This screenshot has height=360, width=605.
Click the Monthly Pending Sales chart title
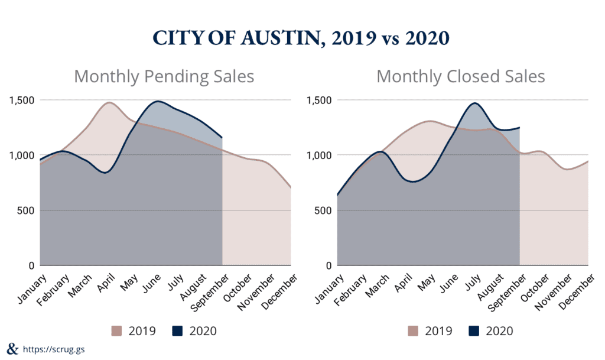coord(164,77)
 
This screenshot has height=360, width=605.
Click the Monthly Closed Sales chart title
coord(461,77)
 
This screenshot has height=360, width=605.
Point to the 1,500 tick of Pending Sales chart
coord(21,100)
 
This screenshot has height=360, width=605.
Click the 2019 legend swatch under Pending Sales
coord(116,330)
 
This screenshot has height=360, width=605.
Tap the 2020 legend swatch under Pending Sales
coord(177,330)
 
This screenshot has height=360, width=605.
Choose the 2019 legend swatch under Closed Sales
coord(412,330)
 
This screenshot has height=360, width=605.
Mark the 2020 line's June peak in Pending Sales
coord(158,101)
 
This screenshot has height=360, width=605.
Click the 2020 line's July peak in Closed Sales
coord(474,103)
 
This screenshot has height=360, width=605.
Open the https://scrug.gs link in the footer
coord(53,349)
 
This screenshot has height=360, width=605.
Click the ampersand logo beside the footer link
coord(11,348)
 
